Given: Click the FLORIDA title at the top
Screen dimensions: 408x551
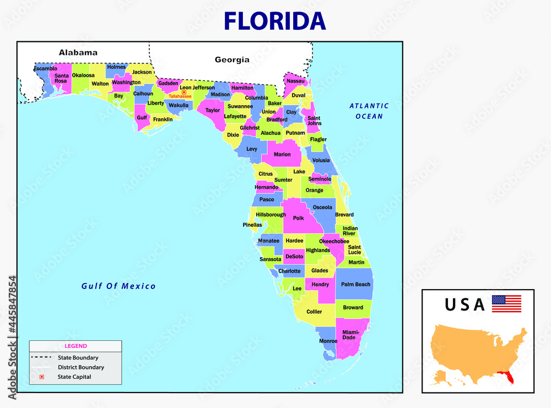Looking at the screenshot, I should click(x=275, y=20).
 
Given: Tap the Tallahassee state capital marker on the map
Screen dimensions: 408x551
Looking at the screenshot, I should click(x=184, y=92).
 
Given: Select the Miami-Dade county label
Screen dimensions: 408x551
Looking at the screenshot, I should click(x=350, y=335).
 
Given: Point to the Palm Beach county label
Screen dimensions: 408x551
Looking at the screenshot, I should click(x=355, y=284).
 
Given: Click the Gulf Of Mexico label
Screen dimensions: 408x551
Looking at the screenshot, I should click(x=118, y=286).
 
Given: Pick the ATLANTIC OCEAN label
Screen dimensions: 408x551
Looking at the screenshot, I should click(x=369, y=111).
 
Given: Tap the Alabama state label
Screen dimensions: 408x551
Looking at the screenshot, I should click(x=78, y=53).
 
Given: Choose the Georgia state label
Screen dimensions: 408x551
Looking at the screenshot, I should click(x=232, y=59).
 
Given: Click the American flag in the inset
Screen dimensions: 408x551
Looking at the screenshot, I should click(x=506, y=303).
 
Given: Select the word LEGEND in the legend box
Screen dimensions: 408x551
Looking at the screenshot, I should click(x=75, y=346).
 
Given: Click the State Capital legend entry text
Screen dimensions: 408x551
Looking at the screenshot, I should click(x=74, y=377).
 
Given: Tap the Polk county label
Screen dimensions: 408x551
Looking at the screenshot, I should click(x=298, y=218).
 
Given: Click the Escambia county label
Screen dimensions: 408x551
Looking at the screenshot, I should click(x=45, y=68).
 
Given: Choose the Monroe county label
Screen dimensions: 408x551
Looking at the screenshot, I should click(x=328, y=341).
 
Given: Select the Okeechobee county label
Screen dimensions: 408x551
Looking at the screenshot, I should click(x=334, y=241).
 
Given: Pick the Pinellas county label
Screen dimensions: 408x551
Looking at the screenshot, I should click(x=252, y=225).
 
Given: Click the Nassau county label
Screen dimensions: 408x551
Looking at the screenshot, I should click(x=296, y=81).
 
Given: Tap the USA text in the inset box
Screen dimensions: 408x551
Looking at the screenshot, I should click(x=465, y=304).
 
